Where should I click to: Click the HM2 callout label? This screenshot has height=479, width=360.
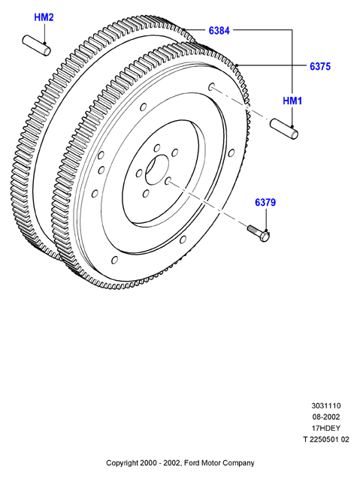click(x=44, y=17)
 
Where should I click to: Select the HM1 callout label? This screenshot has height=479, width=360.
click(x=292, y=101)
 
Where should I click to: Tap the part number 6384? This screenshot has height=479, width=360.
click(x=219, y=30)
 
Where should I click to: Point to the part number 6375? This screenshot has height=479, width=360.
click(x=320, y=66)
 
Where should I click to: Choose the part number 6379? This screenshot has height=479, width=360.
click(x=265, y=202)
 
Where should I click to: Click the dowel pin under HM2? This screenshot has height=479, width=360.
click(x=36, y=46)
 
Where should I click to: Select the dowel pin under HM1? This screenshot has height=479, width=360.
click(x=284, y=130)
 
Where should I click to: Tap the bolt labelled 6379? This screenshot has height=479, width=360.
click(x=259, y=233)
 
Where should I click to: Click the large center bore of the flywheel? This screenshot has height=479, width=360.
click(x=157, y=170)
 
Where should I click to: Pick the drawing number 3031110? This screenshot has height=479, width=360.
click(x=325, y=405)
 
